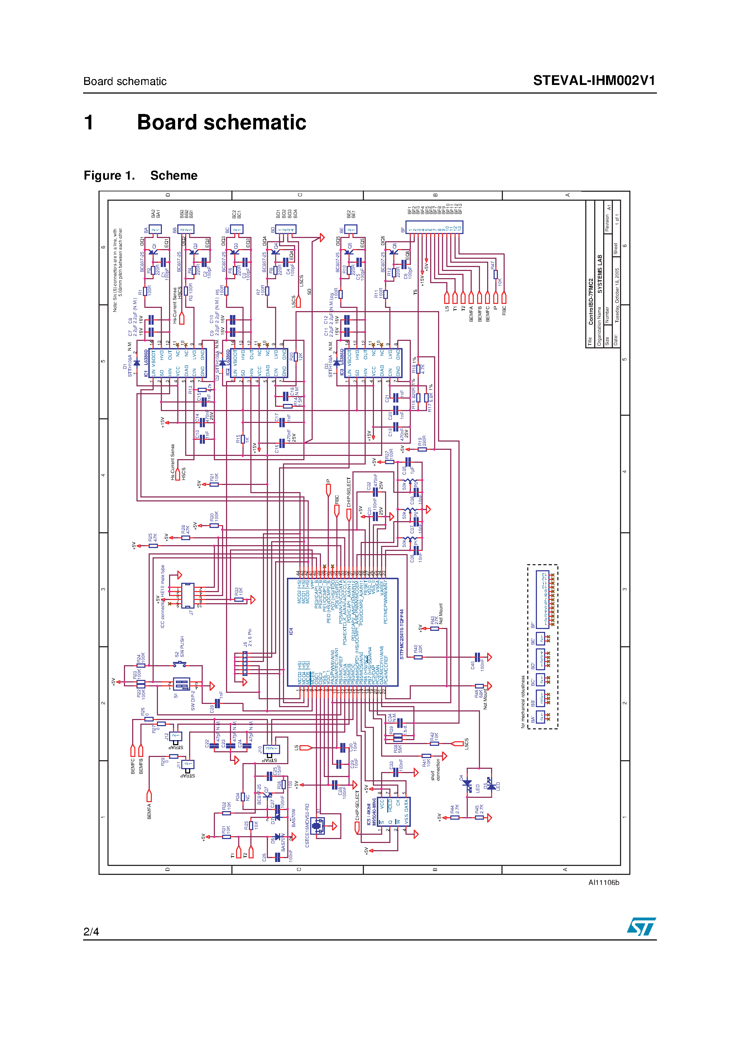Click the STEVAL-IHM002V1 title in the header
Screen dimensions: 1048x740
pyautogui.click(x=594, y=81)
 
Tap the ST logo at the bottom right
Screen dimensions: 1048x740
pyautogui.click(x=641, y=926)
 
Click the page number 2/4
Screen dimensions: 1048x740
pyautogui.click(x=91, y=932)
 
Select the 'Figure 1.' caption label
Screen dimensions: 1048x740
pyautogui.click(x=109, y=176)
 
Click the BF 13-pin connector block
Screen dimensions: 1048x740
pyautogui.click(x=435, y=227)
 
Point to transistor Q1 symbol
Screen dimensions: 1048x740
pyautogui.click(x=153, y=252)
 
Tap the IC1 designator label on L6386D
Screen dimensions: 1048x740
pyautogui.click(x=146, y=373)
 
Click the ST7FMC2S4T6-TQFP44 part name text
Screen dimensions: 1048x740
pyautogui.click(x=402, y=634)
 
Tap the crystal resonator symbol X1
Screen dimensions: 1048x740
pyautogui.click(x=319, y=826)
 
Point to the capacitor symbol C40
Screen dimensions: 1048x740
pyautogui.click(x=477, y=657)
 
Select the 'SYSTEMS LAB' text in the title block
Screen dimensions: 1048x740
pyautogui.click(x=600, y=274)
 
